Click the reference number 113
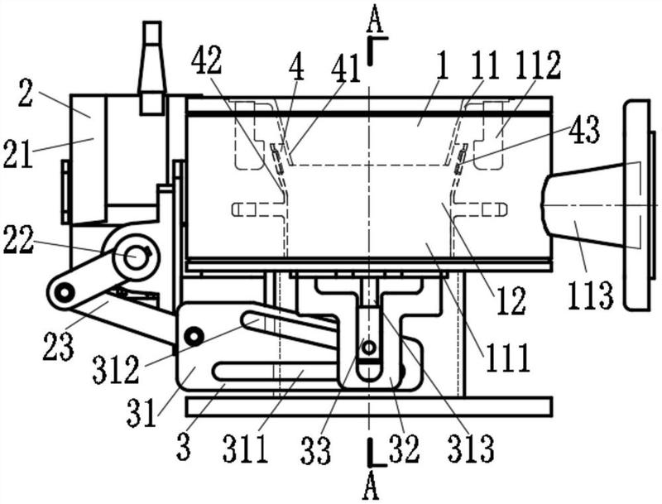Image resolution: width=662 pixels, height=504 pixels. [x=591, y=295]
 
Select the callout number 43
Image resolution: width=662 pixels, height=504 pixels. [x=583, y=130]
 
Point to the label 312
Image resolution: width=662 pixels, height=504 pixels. [x=115, y=369]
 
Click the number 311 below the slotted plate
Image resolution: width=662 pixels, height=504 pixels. [x=246, y=449]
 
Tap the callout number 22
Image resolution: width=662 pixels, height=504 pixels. [x=18, y=242]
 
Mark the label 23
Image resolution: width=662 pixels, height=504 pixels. [x=58, y=346]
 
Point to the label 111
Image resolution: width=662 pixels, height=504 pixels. [x=508, y=358]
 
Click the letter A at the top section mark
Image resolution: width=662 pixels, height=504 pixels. [x=374, y=18]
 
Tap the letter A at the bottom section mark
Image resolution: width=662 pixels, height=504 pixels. [x=370, y=486]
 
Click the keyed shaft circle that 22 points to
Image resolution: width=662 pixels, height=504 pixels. [x=136, y=257]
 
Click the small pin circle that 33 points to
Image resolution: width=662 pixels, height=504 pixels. [x=369, y=348]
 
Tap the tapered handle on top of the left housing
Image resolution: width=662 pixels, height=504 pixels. [x=151, y=68]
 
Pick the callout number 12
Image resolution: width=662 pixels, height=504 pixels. [x=511, y=300]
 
